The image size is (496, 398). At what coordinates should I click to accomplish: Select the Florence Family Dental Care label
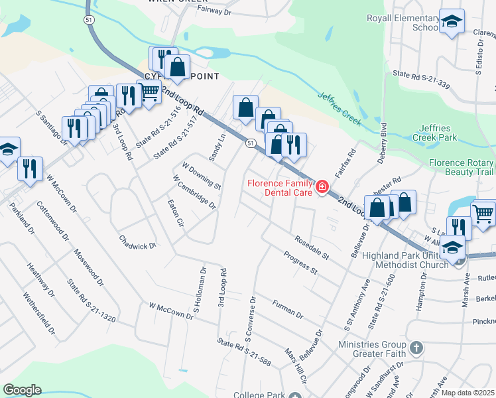tap(279, 188)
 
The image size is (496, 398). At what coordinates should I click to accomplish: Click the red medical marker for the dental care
tap(322, 188)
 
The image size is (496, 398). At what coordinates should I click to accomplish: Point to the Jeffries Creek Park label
tap(448, 132)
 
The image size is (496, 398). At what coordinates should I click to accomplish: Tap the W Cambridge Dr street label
tap(194, 192)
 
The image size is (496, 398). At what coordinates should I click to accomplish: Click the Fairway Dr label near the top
tap(214, 11)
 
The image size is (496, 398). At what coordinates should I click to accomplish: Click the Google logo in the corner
tap(22, 390)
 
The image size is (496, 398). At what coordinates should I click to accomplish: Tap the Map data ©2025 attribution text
tap(467, 393)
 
